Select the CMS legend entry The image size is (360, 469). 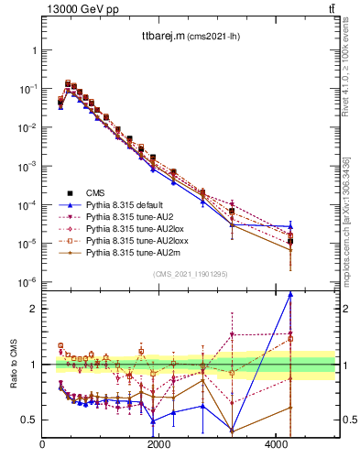(95, 192)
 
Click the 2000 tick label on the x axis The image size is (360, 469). (159, 445)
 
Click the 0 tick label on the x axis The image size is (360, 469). (43, 445)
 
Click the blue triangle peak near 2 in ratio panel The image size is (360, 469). (290, 294)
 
